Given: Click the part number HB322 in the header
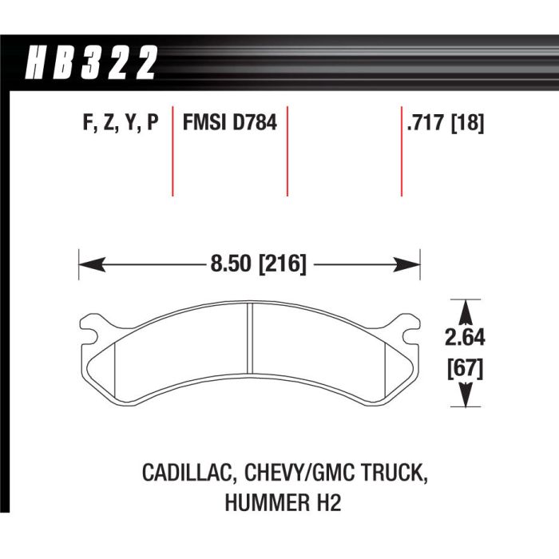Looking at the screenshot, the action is [91, 62].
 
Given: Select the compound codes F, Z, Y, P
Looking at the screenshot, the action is [121, 123].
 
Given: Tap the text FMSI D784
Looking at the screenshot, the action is [230, 123].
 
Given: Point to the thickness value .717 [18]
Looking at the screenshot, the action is [446, 123].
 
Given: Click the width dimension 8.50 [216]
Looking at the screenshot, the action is [259, 264].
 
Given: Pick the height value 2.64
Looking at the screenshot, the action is [465, 337].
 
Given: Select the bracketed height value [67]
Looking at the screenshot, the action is [466, 369].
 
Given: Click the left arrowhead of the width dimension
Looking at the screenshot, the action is [92, 264].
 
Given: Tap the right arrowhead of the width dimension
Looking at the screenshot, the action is [406, 264].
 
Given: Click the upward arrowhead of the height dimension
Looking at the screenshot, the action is [466, 312].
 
